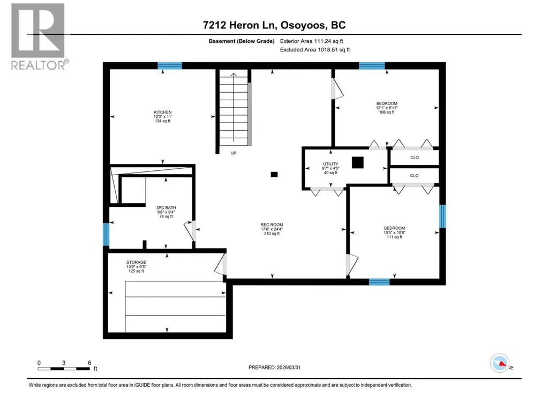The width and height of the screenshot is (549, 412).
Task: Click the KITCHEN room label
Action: (x=162, y=112)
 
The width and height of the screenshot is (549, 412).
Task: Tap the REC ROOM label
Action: (x=272, y=225)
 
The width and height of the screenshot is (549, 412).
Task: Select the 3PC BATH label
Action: (x=166, y=208)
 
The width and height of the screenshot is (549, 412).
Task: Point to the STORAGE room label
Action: (x=136, y=262)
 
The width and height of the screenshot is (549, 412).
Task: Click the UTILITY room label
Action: (x=330, y=163)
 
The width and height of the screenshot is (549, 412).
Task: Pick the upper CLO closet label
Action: (x=415, y=158)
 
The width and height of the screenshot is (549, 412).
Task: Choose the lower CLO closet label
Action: (x=414, y=176)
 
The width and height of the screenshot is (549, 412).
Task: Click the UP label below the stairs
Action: (x=234, y=153)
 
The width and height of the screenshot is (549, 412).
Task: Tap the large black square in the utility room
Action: (x=357, y=162)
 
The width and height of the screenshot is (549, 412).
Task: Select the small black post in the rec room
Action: (x=274, y=175)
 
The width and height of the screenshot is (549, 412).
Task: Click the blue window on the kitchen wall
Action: (x=170, y=65)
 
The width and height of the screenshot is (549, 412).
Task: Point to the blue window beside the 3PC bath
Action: (x=106, y=234)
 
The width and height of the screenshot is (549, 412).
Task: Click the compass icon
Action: (x=500, y=363)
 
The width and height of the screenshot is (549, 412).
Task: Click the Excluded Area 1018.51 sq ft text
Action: (x=315, y=50)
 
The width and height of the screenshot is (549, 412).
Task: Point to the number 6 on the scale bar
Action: (x=89, y=363)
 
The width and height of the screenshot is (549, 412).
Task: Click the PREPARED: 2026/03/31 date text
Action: (x=274, y=368)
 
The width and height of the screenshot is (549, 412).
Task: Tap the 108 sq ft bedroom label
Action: (x=387, y=112)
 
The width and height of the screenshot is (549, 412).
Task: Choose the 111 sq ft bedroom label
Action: (x=395, y=237)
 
